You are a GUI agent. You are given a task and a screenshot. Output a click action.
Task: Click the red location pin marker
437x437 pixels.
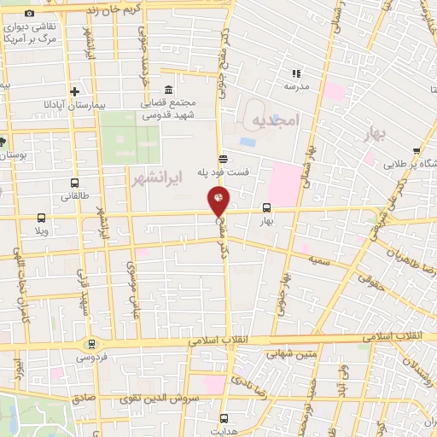218,201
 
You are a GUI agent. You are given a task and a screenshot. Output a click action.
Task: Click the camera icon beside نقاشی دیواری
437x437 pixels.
30,14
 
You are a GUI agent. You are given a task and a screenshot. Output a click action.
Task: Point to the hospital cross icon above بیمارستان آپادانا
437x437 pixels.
75,91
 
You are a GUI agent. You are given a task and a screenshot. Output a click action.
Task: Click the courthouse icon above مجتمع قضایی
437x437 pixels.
167,90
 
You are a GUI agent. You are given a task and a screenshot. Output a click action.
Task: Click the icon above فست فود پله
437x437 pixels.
223,158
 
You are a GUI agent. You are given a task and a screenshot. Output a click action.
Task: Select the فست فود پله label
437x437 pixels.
224,172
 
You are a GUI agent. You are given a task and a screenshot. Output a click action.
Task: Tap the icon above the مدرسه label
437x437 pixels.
295,73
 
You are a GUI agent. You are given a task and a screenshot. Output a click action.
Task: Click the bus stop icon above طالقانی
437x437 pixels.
75,183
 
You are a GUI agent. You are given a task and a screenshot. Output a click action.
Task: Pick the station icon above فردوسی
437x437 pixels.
91,344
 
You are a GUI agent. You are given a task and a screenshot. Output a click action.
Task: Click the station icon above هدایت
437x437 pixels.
224,418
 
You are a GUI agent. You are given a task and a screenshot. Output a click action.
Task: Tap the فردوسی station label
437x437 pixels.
91,358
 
